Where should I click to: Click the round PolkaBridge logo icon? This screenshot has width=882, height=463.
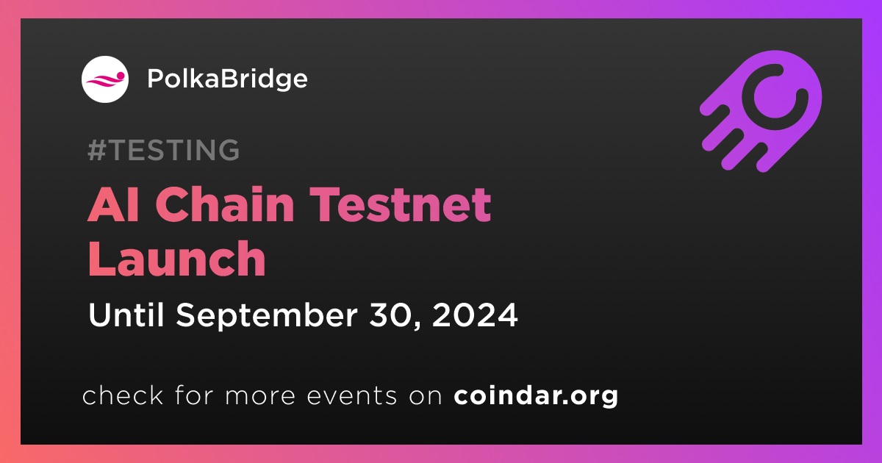click(105, 79)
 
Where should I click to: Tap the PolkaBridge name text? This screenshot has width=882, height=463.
click(227, 80)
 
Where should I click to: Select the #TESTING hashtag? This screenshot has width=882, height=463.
click(163, 150)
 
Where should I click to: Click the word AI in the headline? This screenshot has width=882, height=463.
click(113, 204)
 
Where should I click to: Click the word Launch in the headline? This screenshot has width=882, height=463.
click(177, 259)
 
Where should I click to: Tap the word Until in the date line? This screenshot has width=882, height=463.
click(126, 315)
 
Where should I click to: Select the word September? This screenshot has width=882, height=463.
click(267, 317)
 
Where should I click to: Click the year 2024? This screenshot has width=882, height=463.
click(475, 315)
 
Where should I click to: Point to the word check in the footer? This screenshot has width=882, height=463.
click(123, 395)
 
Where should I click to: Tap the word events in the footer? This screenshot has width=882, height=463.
click(351, 395)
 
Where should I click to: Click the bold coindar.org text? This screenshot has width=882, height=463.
click(536, 395)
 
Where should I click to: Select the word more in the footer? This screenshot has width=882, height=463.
click(260, 396)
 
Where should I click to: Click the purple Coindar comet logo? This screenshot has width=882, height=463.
click(761, 112)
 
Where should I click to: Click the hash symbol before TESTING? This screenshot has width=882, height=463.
click(96, 150)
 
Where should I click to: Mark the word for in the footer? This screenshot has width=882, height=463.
click(194, 395)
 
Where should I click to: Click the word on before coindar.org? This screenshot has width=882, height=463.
click(426, 396)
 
